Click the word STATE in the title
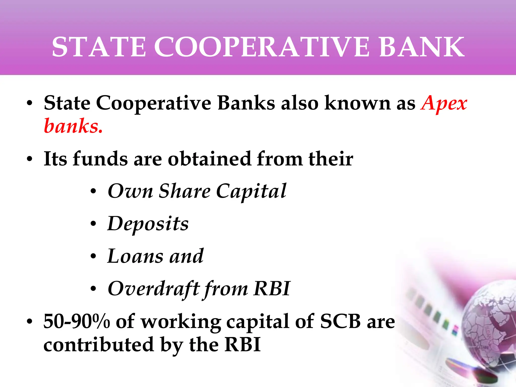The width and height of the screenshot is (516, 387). pyautogui.click(x=99, y=47)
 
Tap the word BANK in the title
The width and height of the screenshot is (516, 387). pyautogui.click(x=422, y=47)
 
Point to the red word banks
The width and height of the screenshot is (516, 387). pyautogui.click(x=73, y=126)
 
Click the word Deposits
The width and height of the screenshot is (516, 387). pyautogui.click(x=148, y=224)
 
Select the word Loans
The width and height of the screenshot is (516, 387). pyautogui.click(x=135, y=256)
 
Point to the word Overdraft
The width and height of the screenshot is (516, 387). pyautogui.click(x=154, y=289)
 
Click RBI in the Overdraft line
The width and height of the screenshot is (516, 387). pyautogui.click(x=272, y=289)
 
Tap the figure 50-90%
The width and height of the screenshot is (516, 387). pyautogui.click(x=77, y=321)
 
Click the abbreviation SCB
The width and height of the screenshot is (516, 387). pyautogui.click(x=340, y=321)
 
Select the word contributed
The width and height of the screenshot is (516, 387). pyautogui.click(x=99, y=345)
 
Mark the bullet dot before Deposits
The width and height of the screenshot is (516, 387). pyautogui.click(x=93, y=224)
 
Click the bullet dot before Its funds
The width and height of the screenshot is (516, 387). pyautogui.click(x=30, y=159)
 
